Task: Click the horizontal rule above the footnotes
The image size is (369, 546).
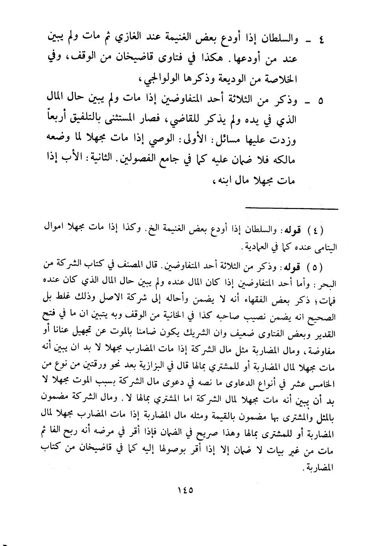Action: [291, 208]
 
